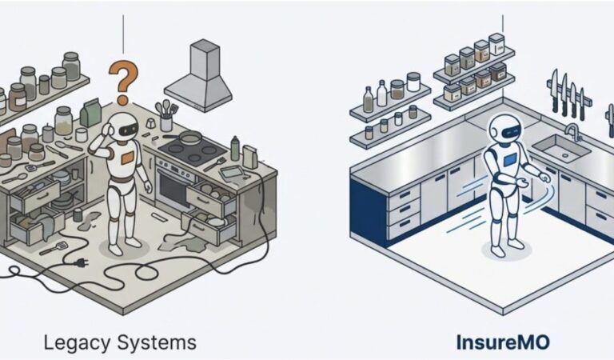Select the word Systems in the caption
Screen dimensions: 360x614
157,342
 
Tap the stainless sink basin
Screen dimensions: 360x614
560,148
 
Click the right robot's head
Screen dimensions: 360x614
502,128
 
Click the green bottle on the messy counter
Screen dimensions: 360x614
234,147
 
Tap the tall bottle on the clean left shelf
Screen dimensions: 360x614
369,100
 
